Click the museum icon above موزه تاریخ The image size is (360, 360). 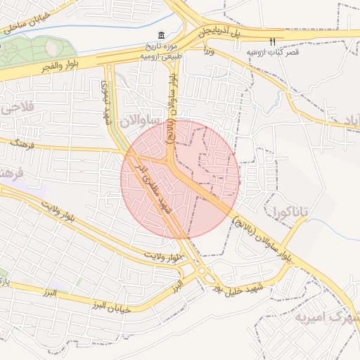point(162,36)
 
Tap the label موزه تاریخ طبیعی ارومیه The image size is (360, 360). point(162,49)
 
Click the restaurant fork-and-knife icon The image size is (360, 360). point(273,41)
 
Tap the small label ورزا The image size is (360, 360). point(208,51)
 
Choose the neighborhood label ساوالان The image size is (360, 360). point(136,122)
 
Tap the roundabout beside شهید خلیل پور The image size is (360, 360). point(202,271)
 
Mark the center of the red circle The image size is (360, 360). point(180,179)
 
